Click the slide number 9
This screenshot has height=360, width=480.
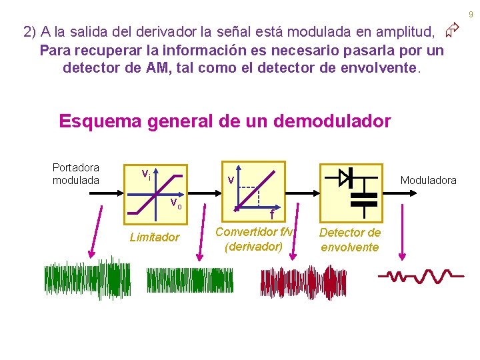click(470, 14)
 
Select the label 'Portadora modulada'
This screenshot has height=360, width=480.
click(76, 174)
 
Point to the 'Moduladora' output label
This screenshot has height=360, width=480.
click(428, 180)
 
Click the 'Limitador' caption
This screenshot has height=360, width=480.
click(155, 237)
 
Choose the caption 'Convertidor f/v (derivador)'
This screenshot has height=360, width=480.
click(254, 239)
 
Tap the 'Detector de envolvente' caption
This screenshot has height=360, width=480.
click(350, 239)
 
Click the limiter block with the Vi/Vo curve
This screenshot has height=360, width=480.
click(154, 190)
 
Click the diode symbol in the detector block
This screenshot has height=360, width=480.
click(346, 177)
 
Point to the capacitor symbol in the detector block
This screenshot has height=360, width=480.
click(363, 199)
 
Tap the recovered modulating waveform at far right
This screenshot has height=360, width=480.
click(417, 275)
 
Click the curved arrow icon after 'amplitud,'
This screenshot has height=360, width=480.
click(453, 30)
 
